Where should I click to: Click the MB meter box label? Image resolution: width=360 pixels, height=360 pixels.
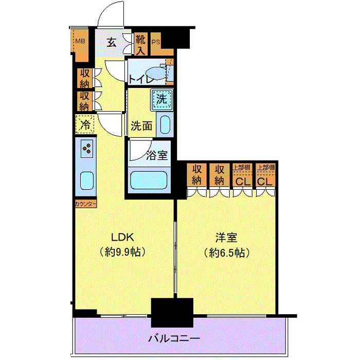[x=81, y=41]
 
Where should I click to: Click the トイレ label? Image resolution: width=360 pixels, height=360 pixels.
[x=140, y=79]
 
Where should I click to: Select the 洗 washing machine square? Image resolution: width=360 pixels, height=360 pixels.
[x=162, y=100]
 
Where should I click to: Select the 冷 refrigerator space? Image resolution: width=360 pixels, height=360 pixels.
[x=85, y=124]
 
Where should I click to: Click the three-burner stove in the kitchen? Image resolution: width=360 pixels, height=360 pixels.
[x=87, y=150]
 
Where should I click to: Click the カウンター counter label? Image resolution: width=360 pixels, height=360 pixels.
[x=85, y=204]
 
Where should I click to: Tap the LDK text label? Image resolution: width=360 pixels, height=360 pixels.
[x=123, y=237]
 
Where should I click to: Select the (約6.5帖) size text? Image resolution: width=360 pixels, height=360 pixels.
[x=227, y=253]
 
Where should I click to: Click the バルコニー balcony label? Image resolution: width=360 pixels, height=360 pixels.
[x=173, y=338]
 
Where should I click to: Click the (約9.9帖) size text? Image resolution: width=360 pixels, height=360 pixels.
[x=123, y=253]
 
